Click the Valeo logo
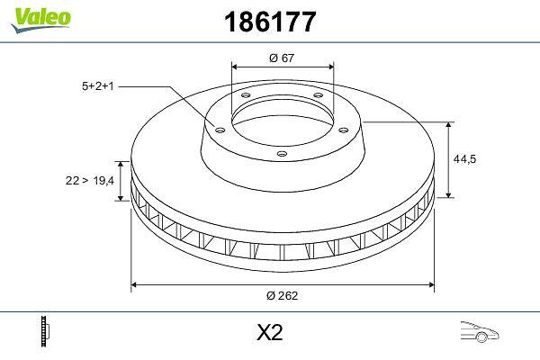pos(40,19)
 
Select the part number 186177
pos(270,22)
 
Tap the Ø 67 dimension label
pos(282,58)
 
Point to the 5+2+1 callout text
pos(98,86)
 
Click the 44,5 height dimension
pos(464,158)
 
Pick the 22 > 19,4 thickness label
pos(90,180)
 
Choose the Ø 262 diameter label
pos(282,295)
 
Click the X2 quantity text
pos(270,332)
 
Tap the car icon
pos(480,332)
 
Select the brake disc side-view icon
pos(45,331)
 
